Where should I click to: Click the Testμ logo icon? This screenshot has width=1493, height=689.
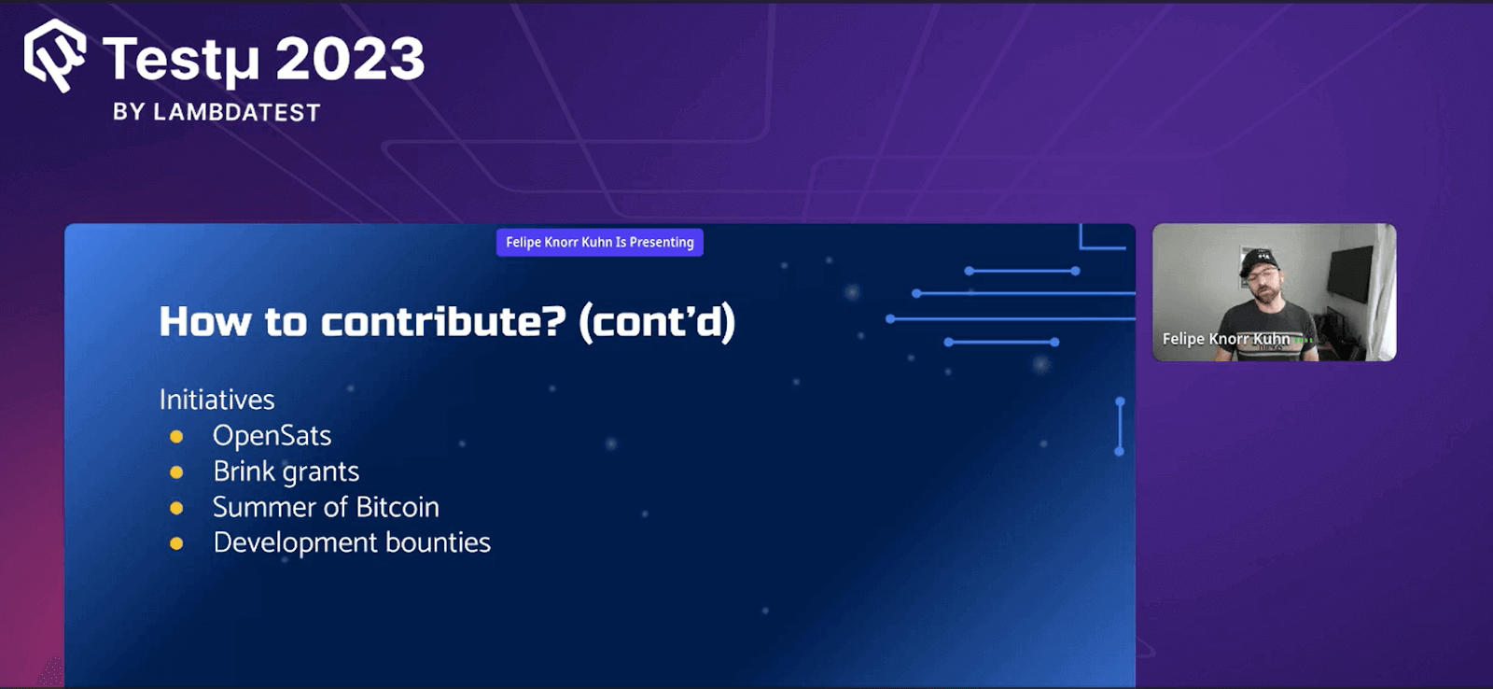tap(55, 55)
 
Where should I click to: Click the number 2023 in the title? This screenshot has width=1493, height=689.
tap(350, 59)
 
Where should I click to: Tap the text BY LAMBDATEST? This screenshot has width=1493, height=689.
tap(216, 113)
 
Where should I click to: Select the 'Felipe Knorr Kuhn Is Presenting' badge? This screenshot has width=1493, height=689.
tap(599, 243)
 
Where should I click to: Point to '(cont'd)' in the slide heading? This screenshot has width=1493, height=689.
tap(657, 323)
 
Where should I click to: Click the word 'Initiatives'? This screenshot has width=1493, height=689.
tap(216, 400)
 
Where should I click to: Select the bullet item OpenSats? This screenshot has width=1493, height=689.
tap(272, 436)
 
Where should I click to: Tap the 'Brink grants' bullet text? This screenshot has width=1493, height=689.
tap(286, 471)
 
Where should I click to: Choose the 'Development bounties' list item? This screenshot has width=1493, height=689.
tap(352, 542)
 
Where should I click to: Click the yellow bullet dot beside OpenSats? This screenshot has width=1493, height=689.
tap(176, 437)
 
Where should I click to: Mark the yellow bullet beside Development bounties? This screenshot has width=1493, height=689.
tap(176, 543)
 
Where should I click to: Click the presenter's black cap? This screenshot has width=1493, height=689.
tap(1257, 259)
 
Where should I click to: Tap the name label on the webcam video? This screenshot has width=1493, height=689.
tap(1226, 339)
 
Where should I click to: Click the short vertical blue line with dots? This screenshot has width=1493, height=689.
tap(1120, 427)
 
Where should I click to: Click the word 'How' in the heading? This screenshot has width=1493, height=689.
tap(204, 322)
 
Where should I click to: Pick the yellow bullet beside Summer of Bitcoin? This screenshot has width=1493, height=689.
tap(176, 508)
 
